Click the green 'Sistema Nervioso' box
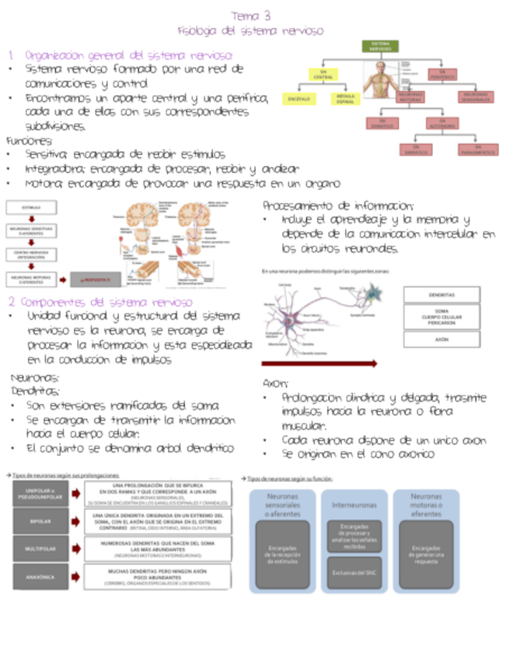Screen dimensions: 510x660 click(380, 47)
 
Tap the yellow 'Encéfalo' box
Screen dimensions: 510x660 click(299, 99)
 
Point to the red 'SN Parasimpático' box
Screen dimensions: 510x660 click(475, 149)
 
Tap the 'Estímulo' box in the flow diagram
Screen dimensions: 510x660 click(32, 208)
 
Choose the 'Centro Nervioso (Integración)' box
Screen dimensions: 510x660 click(32, 254)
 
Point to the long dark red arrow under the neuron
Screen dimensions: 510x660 click(319, 363)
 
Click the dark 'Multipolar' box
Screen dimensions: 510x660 click(36, 549)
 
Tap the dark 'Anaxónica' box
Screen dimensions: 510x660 click(36, 578)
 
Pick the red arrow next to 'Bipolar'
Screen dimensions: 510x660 click(75, 521)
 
